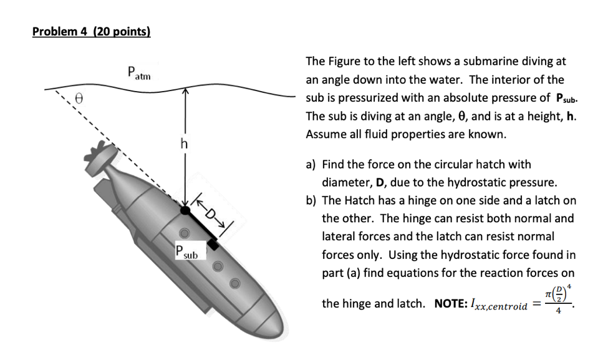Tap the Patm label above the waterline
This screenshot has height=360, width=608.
(138, 72)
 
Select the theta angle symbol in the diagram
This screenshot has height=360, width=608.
(79, 98)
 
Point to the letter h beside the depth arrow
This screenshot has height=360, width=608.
(183, 145)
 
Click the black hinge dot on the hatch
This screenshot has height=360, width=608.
(185, 210)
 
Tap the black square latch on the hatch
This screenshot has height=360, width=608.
(213, 245)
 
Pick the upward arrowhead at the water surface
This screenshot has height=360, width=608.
(185, 91)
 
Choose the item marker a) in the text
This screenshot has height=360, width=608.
(311, 165)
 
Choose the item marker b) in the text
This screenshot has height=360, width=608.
(311, 201)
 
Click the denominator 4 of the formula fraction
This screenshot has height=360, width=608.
(558, 313)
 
